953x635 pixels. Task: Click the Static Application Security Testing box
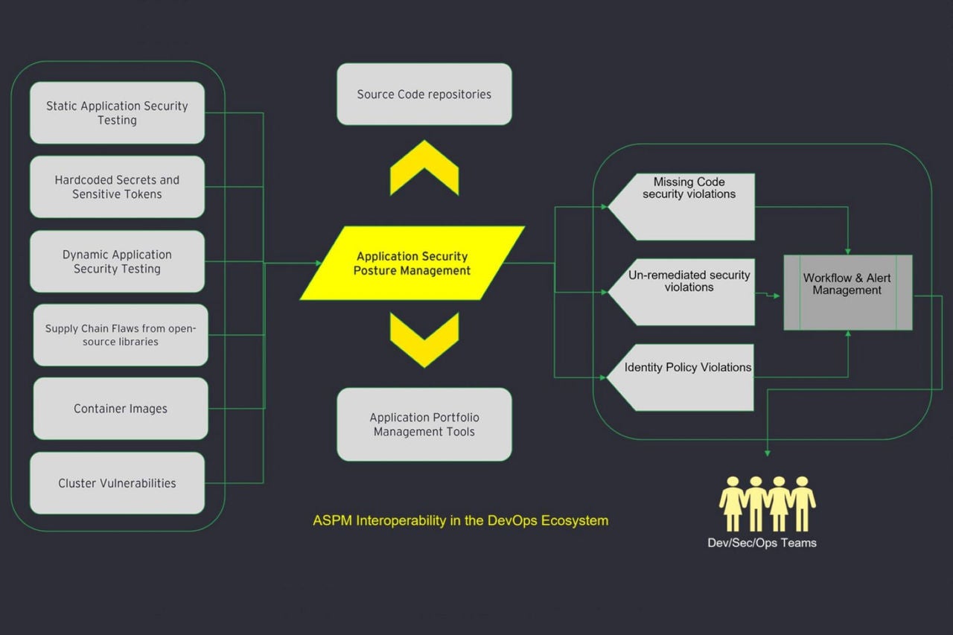(117, 113)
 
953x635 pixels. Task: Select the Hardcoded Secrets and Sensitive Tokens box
(117, 187)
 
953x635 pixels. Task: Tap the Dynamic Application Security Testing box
(117, 261)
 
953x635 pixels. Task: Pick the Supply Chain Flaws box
(121, 335)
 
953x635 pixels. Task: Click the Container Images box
(121, 409)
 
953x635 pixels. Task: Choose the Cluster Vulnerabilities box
(117, 483)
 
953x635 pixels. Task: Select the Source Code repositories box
(424, 95)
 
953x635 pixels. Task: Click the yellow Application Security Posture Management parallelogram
(412, 263)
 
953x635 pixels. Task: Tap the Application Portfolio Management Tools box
(424, 424)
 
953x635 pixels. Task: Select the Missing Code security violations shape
(685, 206)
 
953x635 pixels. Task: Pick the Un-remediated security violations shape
(685, 292)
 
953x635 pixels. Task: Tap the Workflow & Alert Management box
(847, 293)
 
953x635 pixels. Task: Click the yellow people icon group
(767, 503)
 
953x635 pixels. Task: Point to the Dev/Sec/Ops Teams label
(762, 543)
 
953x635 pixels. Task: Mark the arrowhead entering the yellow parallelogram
(318, 263)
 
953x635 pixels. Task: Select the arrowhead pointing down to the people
(767, 452)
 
